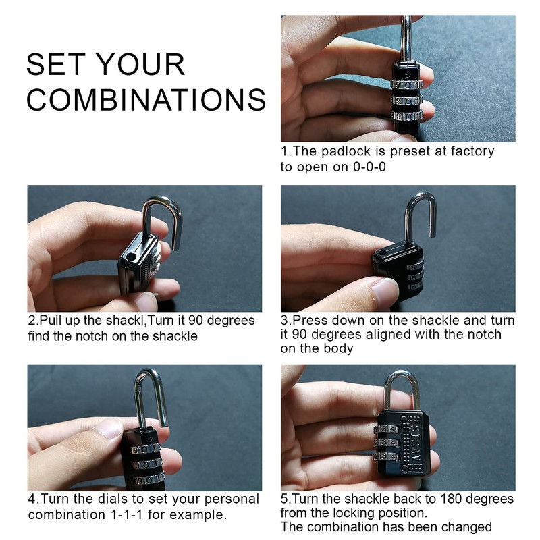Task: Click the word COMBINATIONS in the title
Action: coord(146,99)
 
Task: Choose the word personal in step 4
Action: coord(232,500)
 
